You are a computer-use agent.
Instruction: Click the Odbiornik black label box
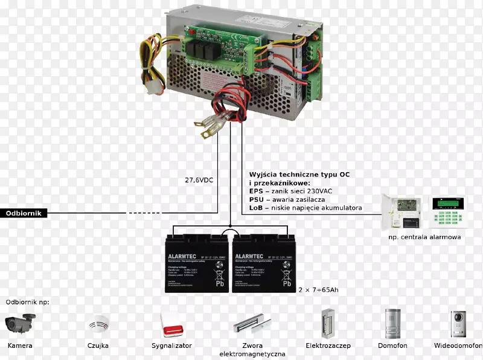click(23, 213)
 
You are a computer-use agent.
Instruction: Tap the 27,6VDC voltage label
click(199, 180)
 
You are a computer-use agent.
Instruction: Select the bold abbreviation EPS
click(256, 191)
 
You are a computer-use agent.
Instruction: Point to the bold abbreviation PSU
click(257, 199)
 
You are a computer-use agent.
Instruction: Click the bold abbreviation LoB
click(256, 208)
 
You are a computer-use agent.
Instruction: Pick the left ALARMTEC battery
click(197, 263)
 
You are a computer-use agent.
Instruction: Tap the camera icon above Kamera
click(19, 323)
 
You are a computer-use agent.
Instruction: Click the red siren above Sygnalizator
click(171, 324)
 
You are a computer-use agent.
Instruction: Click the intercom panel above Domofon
click(392, 323)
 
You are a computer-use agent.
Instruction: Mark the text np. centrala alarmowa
click(424, 237)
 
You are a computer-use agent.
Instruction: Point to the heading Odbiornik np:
click(28, 301)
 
